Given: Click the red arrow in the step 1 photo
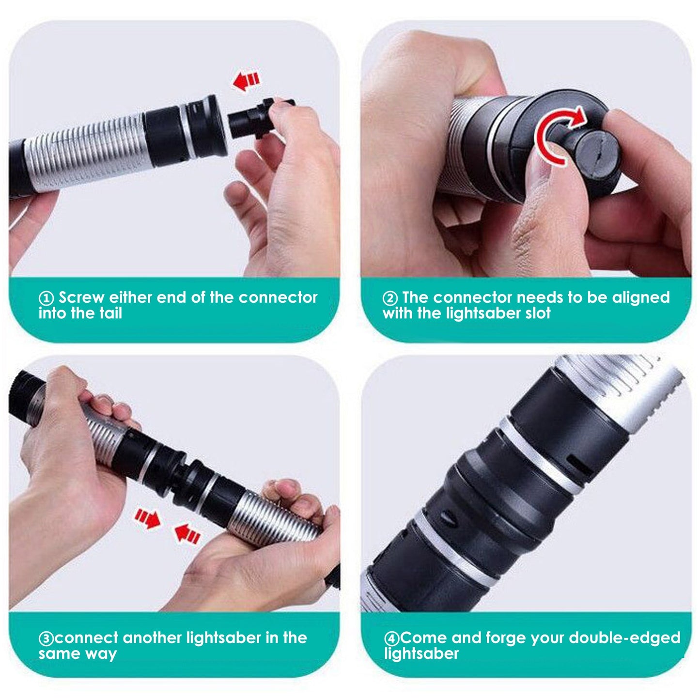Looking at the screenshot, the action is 246,80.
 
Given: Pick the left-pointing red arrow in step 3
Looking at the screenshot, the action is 187,534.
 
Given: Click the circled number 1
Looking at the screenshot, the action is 46,298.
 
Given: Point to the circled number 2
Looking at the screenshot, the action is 390,298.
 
